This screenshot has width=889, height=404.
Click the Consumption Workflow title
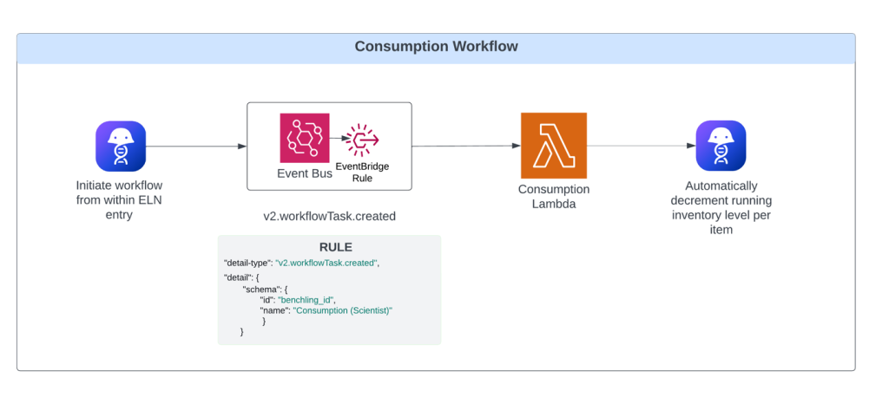[436, 47]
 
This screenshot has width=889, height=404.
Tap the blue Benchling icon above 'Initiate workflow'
[120, 146]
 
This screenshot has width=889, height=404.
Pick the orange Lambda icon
[553, 146]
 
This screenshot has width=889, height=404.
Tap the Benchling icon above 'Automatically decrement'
[721, 146]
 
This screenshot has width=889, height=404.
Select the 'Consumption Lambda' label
[553, 196]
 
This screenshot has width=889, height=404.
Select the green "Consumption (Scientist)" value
[343, 310]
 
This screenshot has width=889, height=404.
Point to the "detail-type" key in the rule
[247, 263]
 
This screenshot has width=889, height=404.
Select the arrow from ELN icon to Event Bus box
[196, 146]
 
